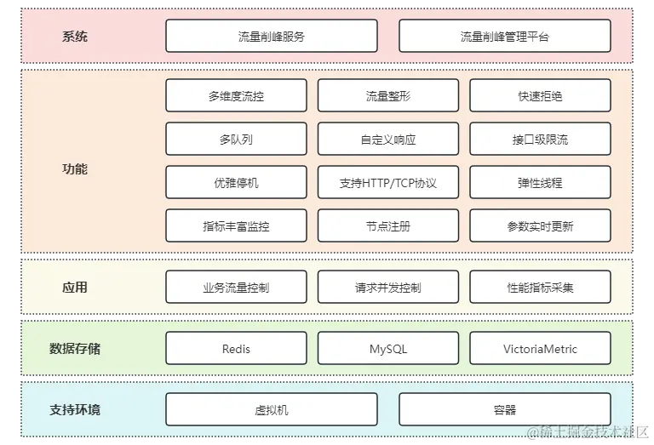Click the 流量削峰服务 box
tap(271, 37)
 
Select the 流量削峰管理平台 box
tap(504, 37)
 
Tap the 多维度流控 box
tap(236, 96)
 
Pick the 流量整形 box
tap(387, 96)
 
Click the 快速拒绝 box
tap(540, 96)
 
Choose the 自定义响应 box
tap(387, 140)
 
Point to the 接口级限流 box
tap(540, 140)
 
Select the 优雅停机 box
tap(236, 183)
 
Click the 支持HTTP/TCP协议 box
tap(387, 183)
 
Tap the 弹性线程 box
tap(540, 183)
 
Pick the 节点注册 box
tap(387, 226)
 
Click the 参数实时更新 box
tap(540, 226)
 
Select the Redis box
tap(236, 349)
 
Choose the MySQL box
tap(387, 349)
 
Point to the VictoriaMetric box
tap(540, 349)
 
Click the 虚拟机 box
tap(271, 410)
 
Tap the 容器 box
tap(504, 410)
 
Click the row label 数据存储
tap(75, 349)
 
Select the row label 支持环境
tap(75, 410)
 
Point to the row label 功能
tap(75, 169)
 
